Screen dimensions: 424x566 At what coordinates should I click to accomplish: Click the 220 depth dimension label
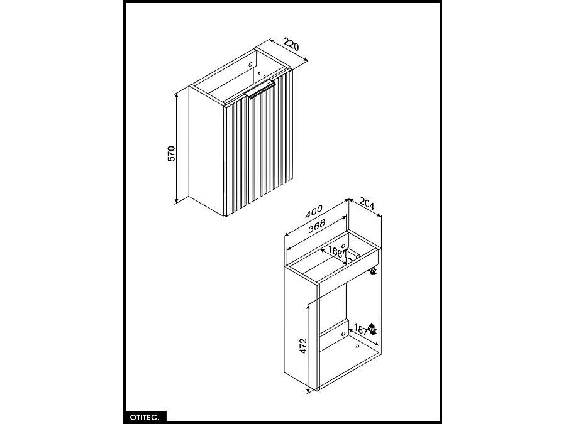pyautogui.click(x=291, y=45)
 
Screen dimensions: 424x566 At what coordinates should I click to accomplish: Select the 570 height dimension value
pyautogui.click(x=171, y=153)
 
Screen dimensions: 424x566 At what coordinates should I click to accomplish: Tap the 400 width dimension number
pyautogui.click(x=314, y=212)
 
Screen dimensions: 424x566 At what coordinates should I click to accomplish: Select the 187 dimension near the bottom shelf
pyautogui.click(x=360, y=329)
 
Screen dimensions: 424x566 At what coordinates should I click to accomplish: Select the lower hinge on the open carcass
pyautogui.click(x=372, y=329)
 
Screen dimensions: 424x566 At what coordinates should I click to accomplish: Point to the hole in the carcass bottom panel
pyautogui.click(x=357, y=344)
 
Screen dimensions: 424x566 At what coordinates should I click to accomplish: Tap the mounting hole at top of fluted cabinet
pyautogui.click(x=251, y=63)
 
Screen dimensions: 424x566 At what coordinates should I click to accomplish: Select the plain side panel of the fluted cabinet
pyautogui.click(x=206, y=151)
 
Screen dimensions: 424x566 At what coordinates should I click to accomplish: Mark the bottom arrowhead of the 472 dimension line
pyautogui.click(x=308, y=391)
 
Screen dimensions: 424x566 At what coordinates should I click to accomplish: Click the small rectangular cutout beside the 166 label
pyautogui.click(x=353, y=254)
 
